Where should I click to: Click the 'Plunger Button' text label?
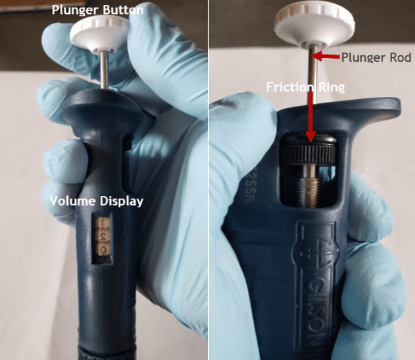98,10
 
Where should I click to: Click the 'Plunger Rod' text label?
376,57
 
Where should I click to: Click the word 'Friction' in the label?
289,88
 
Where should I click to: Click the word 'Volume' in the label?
73,201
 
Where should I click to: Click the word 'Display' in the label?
122,201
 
